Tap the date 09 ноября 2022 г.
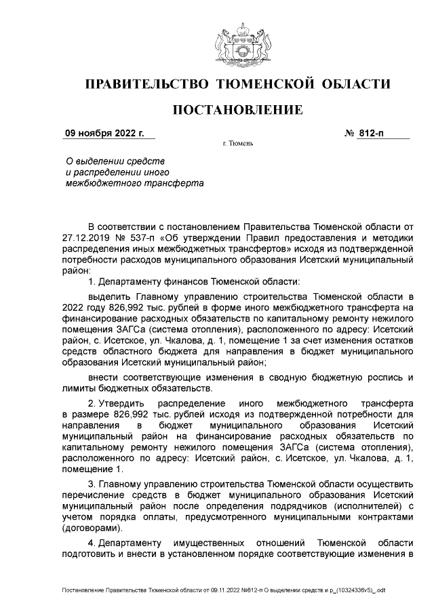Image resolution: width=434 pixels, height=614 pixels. pyautogui.click(x=104, y=133)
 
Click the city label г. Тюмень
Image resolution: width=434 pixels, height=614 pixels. pyautogui.click(x=237, y=145)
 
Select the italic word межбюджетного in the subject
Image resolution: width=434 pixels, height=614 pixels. pyautogui.click(x=95, y=183)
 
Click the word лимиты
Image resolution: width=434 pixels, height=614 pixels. pyautogui.click(x=78, y=387)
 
